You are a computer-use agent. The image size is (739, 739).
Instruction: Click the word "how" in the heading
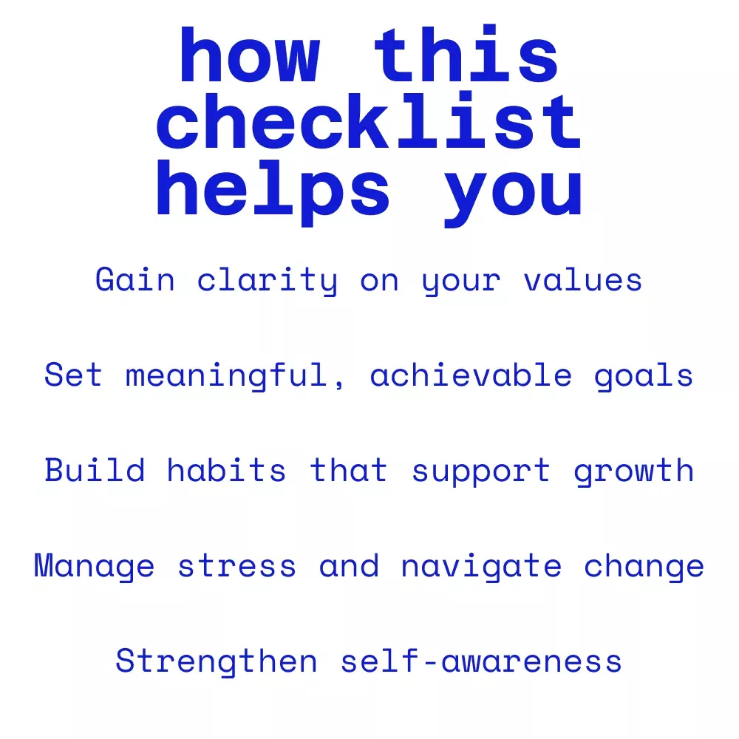tap(251, 55)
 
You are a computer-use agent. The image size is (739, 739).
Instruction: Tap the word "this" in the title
tap(466, 52)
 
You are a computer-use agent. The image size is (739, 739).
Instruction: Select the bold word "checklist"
tap(369, 120)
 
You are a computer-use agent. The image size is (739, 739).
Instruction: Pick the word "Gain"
tap(135, 279)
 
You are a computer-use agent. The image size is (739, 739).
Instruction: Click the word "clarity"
tap(268, 280)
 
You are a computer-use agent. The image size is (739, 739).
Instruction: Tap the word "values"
tap(583, 280)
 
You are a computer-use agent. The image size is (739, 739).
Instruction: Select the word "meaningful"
tap(226, 375)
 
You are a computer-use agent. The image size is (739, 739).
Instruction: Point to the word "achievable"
tap(471, 375)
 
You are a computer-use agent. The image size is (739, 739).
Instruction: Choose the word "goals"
tap(644, 377)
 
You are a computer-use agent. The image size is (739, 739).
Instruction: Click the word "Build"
tap(95, 469)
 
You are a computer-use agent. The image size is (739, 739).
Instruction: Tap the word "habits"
tap(226, 469)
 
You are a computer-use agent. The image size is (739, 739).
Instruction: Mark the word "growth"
tap(634, 471)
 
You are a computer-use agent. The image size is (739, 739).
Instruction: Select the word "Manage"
tap(95, 566)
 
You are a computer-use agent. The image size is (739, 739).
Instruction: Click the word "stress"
tap(237, 565)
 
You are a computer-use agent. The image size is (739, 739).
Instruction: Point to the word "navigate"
tap(481, 566)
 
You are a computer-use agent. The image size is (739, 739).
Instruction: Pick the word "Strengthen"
tap(217, 661)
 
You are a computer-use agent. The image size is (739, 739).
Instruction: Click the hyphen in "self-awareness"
tap(430, 663)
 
